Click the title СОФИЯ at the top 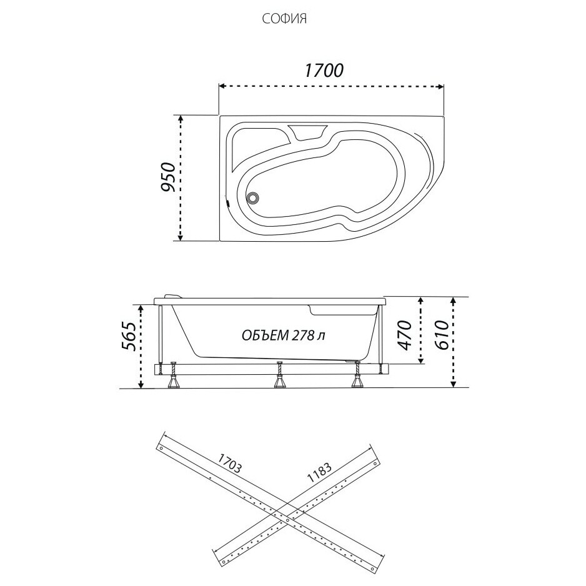tap(284, 19)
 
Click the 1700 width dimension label tap(324, 70)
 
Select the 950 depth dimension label tap(168, 177)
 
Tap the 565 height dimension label tap(129, 335)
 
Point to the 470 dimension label tap(405, 335)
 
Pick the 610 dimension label tap(443, 335)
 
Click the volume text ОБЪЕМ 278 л tap(283, 335)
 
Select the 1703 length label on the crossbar tap(230, 464)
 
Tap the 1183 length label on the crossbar tap(319, 473)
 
